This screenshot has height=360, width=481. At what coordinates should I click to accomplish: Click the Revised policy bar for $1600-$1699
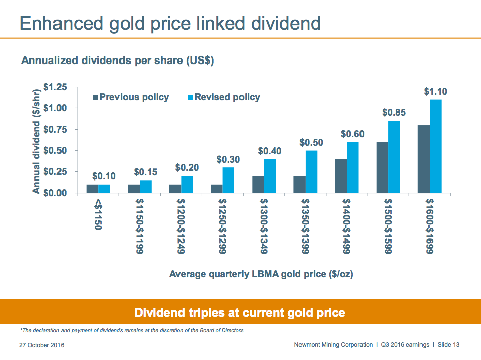pyautogui.click(x=436, y=146)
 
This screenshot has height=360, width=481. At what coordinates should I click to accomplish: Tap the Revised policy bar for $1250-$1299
pyautogui.click(x=228, y=180)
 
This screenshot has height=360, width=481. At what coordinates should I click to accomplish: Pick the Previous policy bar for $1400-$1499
pyautogui.click(x=341, y=176)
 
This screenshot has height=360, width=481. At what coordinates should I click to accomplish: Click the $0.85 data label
pyautogui.click(x=394, y=113)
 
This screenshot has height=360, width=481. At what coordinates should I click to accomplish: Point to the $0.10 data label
pyautogui.click(x=104, y=176)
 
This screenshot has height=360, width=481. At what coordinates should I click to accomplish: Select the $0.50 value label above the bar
pyautogui.click(x=311, y=143)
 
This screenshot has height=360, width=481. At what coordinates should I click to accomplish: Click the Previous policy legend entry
pyautogui.click(x=131, y=97)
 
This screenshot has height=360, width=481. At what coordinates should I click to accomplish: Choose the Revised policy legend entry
pyautogui.click(x=224, y=97)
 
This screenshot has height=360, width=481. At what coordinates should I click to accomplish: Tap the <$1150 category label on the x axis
pyautogui.click(x=98, y=215)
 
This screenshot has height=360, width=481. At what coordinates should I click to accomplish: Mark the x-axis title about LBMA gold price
pyautogui.click(x=261, y=274)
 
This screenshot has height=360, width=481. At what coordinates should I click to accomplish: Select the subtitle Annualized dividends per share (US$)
pyautogui.click(x=117, y=61)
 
